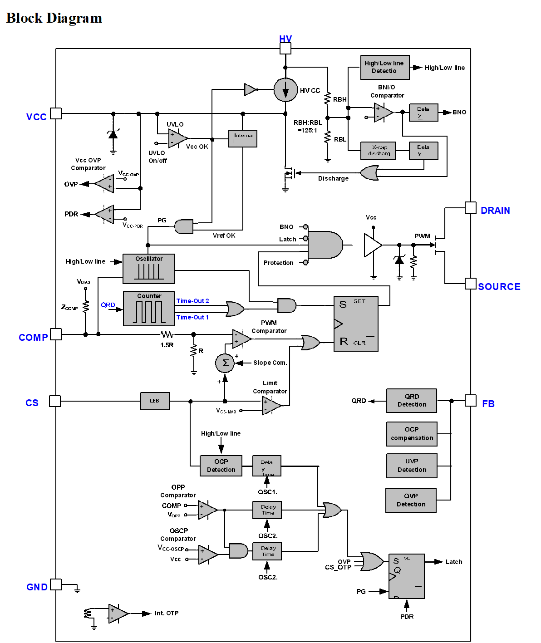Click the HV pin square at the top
click(x=285, y=49)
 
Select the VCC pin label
click(x=36, y=117)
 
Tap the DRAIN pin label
click(x=495, y=211)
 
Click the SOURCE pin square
click(x=471, y=284)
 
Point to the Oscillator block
click(x=149, y=269)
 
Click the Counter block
click(x=149, y=309)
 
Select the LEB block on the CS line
click(x=155, y=401)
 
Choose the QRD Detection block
click(x=411, y=400)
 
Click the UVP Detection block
click(x=412, y=466)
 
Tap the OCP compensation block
click(x=412, y=433)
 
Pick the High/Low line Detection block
click(x=385, y=67)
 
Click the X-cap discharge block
click(x=378, y=150)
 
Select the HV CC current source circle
click(x=285, y=90)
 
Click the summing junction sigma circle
click(x=225, y=363)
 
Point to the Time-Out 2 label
click(x=192, y=301)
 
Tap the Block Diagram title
click(x=54, y=18)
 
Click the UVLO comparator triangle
click(x=177, y=138)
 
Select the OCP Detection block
click(x=221, y=466)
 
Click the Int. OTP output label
click(x=167, y=613)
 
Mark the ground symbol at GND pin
click(x=77, y=590)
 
